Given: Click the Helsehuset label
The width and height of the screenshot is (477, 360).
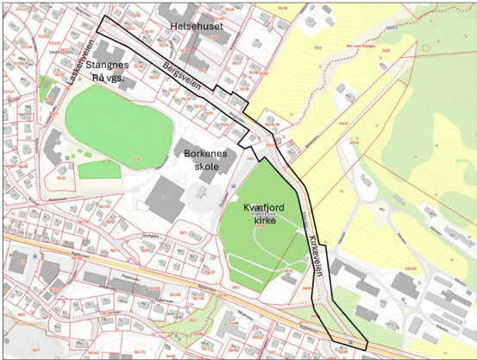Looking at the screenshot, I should pyautogui.click(x=197, y=27).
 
